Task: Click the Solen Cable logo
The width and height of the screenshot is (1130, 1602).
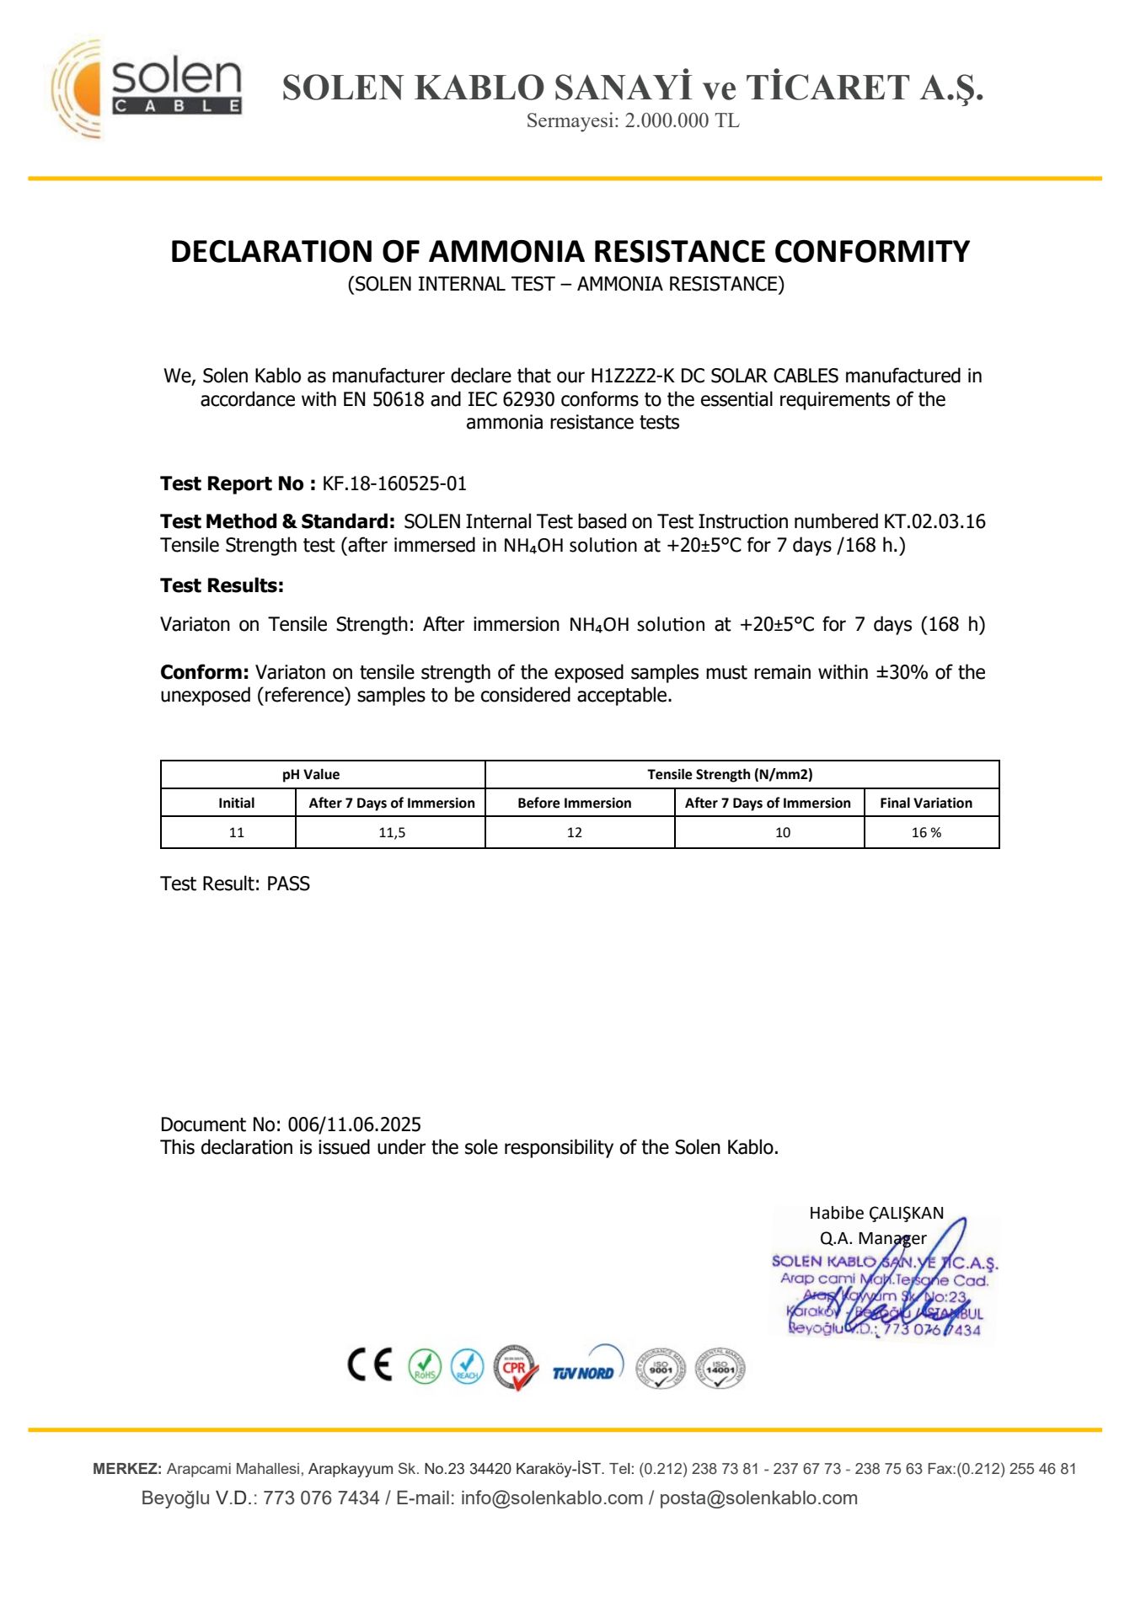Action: (x=148, y=88)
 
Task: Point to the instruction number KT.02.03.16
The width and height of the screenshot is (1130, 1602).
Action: (x=934, y=521)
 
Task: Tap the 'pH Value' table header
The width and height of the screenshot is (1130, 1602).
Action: (x=311, y=774)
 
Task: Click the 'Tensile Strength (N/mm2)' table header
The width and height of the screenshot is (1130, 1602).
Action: (x=730, y=774)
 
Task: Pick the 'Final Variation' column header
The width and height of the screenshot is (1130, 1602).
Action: (x=925, y=803)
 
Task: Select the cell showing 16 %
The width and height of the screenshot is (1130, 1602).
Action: (x=926, y=832)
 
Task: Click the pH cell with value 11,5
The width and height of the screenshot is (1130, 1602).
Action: (x=392, y=832)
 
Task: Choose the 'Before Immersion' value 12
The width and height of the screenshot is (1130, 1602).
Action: (x=575, y=832)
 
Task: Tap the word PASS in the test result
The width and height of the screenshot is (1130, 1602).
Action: (x=288, y=884)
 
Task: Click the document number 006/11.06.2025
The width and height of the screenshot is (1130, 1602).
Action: (x=354, y=1124)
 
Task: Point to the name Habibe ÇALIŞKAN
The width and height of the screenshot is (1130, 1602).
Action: (x=876, y=1213)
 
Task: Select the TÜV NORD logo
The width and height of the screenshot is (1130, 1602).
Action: (x=585, y=1368)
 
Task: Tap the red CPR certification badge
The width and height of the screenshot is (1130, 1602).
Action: (x=515, y=1366)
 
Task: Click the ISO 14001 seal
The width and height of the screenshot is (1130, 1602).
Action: (x=720, y=1366)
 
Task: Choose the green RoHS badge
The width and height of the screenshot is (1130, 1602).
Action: (x=425, y=1366)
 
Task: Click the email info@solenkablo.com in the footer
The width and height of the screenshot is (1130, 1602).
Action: (x=551, y=1498)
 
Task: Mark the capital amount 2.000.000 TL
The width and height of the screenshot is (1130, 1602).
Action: (x=682, y=120)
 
